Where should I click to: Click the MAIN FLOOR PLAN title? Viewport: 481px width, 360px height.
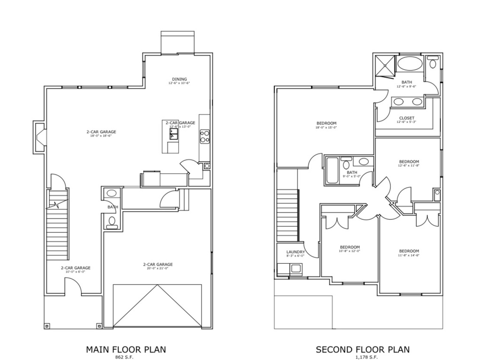125,349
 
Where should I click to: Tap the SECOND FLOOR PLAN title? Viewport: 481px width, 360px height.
362,349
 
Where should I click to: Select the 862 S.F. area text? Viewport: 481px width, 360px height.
125,357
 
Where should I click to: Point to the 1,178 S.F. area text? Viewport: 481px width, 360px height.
362,357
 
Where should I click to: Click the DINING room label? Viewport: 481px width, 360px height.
179,79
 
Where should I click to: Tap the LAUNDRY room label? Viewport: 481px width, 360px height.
295,252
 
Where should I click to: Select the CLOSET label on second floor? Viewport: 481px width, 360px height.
406,118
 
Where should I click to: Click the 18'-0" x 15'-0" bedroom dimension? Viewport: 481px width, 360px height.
326,127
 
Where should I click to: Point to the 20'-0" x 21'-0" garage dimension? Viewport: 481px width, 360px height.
155,268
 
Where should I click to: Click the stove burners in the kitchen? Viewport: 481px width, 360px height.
204,136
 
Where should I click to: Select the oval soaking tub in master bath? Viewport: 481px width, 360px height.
410,65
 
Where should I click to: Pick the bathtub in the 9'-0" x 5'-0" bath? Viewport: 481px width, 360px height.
331,170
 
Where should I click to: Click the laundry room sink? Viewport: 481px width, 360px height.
295,269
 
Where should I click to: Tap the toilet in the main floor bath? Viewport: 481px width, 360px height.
112,222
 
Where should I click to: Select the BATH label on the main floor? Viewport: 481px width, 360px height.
113,207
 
